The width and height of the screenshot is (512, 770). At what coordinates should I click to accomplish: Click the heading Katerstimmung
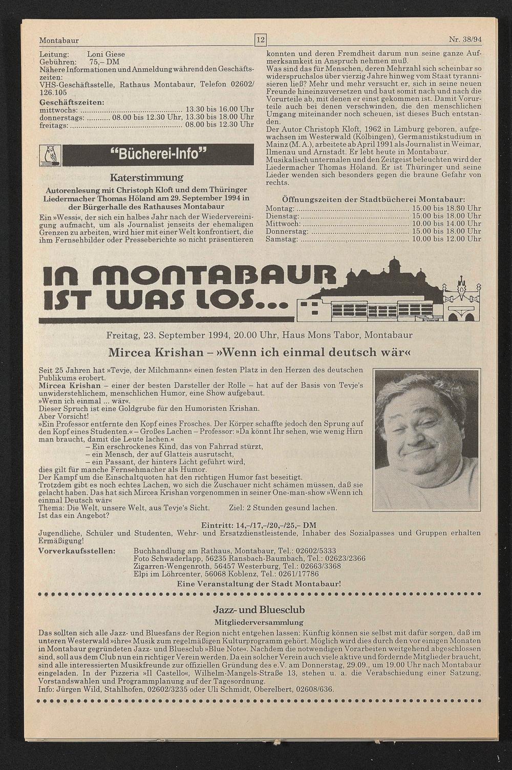(x=146, y=178)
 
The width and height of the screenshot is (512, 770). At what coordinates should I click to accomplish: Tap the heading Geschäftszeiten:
(x=72, y=102)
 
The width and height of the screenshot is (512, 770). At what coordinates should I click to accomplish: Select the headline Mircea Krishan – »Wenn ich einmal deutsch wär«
(x=260, y=353)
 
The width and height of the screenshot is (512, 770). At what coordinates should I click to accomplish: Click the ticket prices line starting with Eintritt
(x=259, y=525)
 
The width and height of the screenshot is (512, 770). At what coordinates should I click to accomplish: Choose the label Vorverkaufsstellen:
(x=77, y=551)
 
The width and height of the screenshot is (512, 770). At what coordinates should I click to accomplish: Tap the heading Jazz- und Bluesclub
(x=260, y=610)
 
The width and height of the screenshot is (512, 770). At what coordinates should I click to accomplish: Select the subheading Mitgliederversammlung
(x=259, y=622)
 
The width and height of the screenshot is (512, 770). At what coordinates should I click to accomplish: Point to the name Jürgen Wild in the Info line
(x=82, y=689)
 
